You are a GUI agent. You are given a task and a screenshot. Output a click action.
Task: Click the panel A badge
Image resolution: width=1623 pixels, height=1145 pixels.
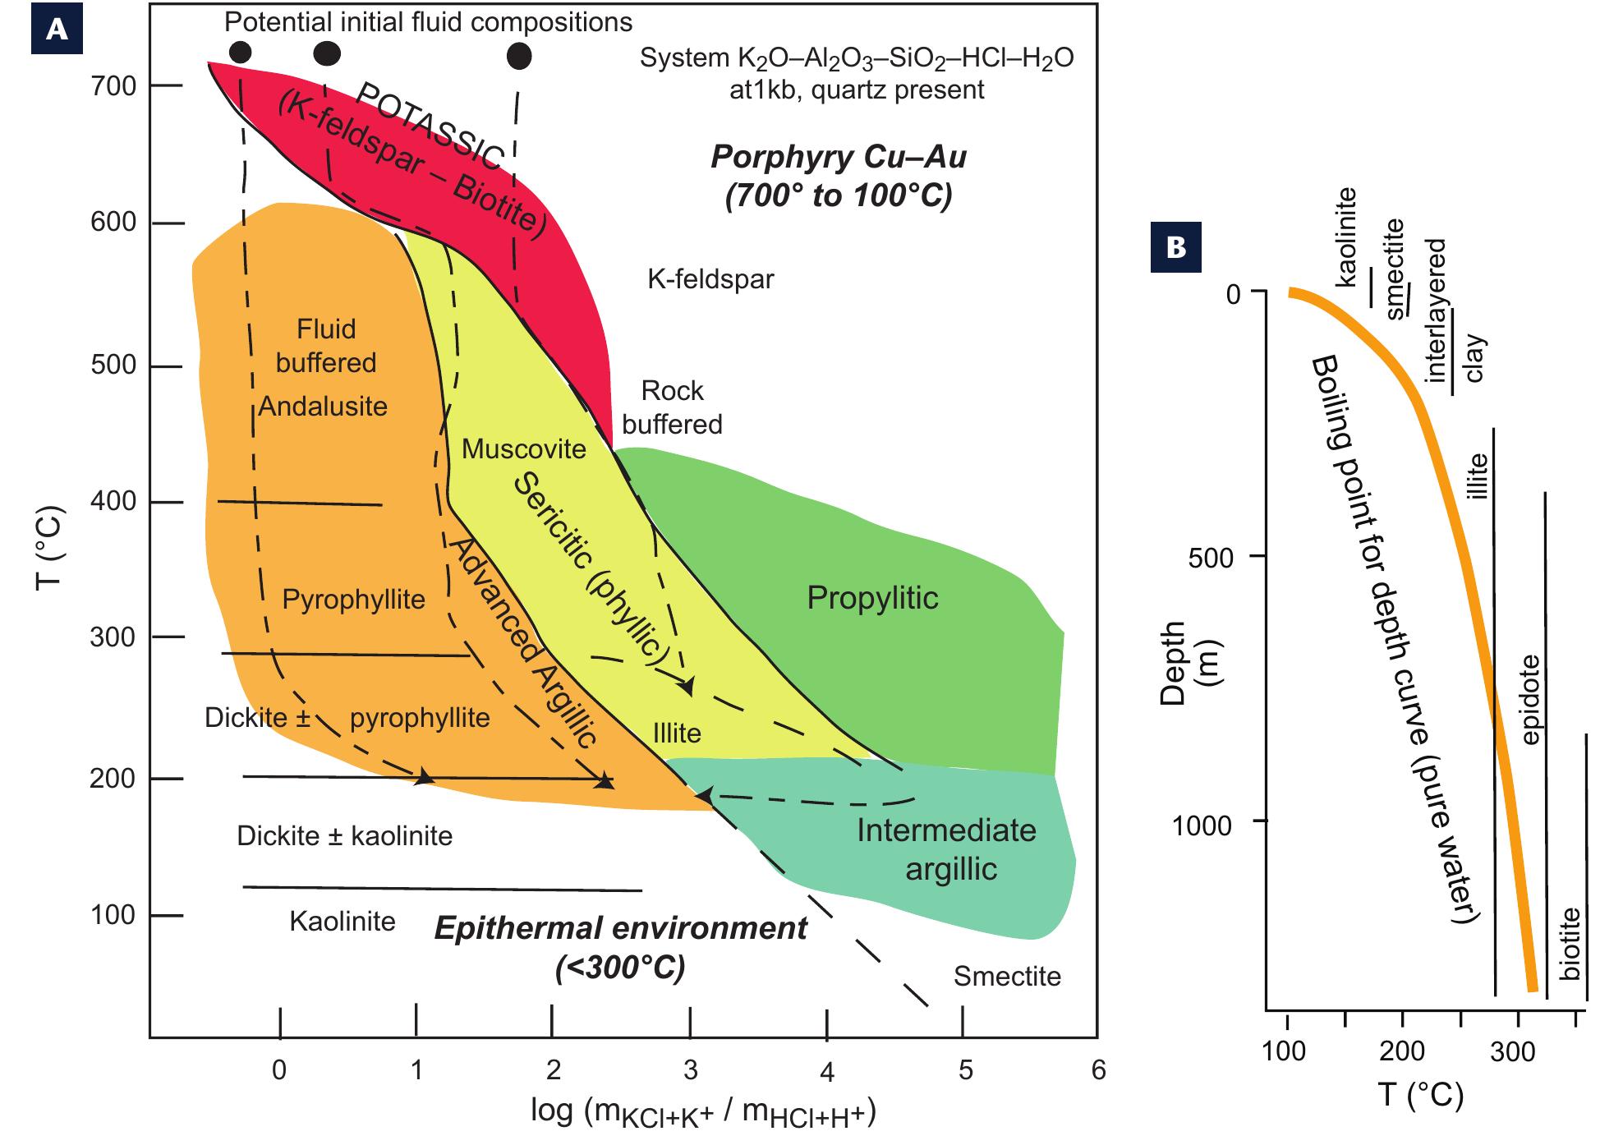point(57,30)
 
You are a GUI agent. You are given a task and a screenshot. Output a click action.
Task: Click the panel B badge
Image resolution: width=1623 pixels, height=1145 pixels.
point(1175,247)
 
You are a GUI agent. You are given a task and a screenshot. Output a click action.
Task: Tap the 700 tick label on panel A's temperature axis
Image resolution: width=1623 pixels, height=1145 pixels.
point(113,85)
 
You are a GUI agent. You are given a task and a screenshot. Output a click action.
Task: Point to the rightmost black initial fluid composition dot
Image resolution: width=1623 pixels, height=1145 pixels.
point(519,56)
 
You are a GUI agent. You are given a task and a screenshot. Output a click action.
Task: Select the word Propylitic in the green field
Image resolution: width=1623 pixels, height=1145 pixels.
point(872,597)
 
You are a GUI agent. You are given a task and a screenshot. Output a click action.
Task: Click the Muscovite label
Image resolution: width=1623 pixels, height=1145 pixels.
point(524,448)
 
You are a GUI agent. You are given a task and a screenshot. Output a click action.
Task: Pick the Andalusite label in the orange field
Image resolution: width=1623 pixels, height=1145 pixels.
point(323,406)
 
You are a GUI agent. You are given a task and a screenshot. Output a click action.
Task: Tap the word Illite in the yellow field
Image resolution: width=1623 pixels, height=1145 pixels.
point(677,732)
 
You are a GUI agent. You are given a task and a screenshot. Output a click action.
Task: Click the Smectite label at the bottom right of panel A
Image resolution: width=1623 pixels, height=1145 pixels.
point(1007,976)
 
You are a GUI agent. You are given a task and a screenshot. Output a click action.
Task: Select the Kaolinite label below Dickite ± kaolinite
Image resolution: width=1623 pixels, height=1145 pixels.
point(343,921)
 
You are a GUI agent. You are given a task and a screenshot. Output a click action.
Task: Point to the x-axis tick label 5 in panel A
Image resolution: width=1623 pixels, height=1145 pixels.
point(966,1070)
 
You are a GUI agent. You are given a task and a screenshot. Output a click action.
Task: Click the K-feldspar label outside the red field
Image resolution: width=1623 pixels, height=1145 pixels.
point(710,279)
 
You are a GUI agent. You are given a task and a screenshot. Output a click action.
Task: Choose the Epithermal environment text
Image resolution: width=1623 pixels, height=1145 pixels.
point(621,928)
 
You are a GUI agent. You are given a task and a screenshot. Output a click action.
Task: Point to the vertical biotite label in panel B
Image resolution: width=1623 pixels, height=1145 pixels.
point(1570,943)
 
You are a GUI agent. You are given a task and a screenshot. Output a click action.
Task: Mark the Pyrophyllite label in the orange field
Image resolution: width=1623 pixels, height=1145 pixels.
point(354,600)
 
